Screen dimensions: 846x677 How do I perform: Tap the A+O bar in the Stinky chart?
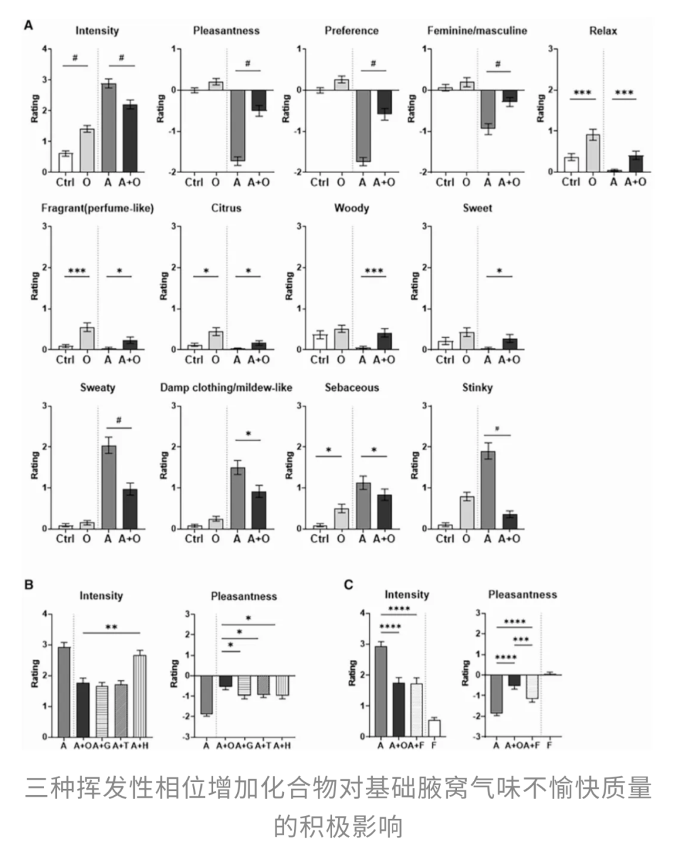[x=510, y=521]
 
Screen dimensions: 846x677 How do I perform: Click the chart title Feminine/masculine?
[x=477, y=31]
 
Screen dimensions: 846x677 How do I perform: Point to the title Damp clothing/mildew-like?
[x=226, y=387]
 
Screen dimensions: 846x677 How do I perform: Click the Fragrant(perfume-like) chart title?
[x=97, y=208]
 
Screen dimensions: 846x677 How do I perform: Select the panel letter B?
[x=29, y=585]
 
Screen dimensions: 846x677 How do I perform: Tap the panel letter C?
[x=349, y=585]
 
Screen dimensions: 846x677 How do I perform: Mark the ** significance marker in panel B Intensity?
[x=111, y=627]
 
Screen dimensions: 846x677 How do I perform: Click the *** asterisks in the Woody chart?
[x=374, y=271]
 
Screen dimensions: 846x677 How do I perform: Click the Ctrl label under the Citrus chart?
[x=194, y=360]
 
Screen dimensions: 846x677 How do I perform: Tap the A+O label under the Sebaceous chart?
[x=384, y=538]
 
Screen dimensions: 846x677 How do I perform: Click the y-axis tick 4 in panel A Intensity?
[x=45, y=49]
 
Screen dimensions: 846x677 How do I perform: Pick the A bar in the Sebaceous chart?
[x=362, y=506]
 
